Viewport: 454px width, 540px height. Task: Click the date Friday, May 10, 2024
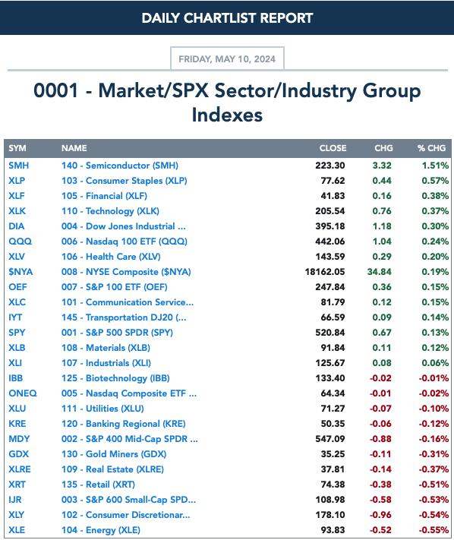point(227,59)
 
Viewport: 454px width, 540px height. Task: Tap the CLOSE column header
point(333,148)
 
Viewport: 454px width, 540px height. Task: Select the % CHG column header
point(431,148)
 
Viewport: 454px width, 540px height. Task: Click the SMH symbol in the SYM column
point(18,166)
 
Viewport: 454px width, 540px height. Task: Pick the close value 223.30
point(330,166)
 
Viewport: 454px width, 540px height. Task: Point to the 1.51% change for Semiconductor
point(435,166)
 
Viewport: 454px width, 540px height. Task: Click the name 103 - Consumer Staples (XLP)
point(125,181)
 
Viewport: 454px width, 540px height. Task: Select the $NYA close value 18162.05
point(325,272)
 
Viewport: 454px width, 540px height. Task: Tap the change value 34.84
point(379,272)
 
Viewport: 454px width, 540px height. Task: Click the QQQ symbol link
point(20,242)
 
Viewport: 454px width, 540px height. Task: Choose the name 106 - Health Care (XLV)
point(111,257)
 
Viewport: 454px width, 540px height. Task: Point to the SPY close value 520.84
point(330,333)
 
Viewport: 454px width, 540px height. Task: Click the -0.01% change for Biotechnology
point(434,378)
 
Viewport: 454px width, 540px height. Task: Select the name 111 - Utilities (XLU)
point(102,409)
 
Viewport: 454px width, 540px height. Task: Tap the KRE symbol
point(17,424)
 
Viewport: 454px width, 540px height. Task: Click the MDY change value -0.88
point(380,439)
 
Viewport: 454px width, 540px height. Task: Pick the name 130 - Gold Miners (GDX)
point(114,454)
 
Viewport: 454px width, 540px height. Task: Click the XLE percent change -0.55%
point(434,530)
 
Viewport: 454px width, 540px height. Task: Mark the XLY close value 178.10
point(330,515)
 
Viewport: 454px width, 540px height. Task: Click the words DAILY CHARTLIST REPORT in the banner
point(227,18)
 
